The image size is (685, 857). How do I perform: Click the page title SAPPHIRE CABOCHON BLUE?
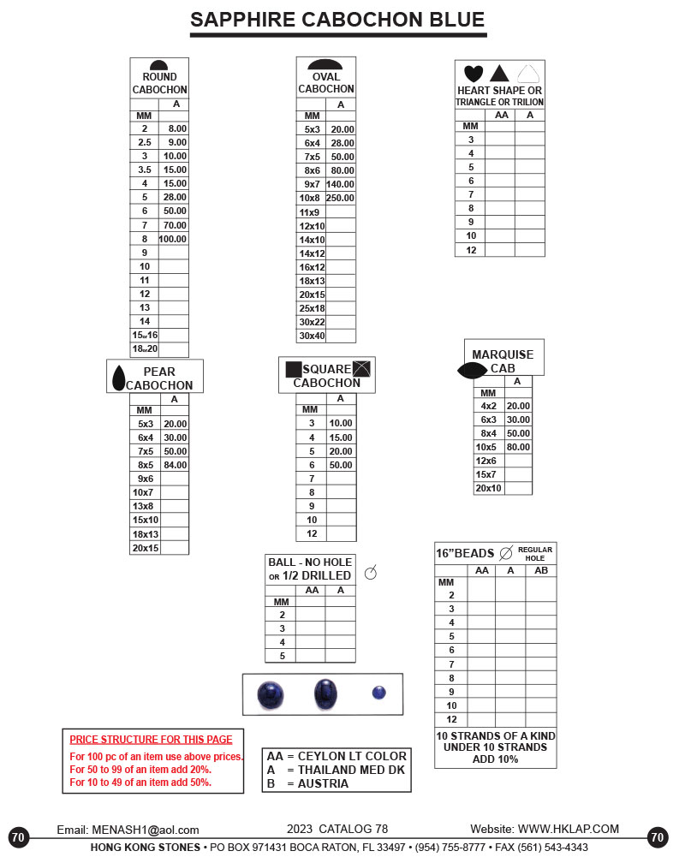(337, 21)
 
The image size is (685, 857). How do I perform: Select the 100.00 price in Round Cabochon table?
(173, 239)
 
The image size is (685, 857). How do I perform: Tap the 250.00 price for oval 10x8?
(340, 198)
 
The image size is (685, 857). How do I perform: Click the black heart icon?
(474, 74)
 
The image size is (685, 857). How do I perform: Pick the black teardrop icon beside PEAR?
(119, 376)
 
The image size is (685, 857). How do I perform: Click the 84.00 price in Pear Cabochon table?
(175, 465)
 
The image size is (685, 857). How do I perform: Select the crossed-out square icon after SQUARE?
(363, 369)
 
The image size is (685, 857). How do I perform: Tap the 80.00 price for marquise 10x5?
(518, 447)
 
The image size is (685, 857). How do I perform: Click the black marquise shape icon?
(474, 370)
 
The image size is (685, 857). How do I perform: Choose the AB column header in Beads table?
(540, 570)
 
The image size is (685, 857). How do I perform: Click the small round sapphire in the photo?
(379, 693)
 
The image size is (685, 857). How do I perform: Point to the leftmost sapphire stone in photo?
(271, 695)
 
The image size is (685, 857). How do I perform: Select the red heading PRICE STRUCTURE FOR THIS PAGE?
(151, 740)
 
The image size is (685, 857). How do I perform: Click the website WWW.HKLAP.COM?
(568, 829)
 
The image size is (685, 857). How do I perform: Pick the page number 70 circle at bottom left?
(19, 837)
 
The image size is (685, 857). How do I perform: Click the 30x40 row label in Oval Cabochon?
(312, 336)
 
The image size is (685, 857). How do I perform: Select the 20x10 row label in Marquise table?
(490, 488)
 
